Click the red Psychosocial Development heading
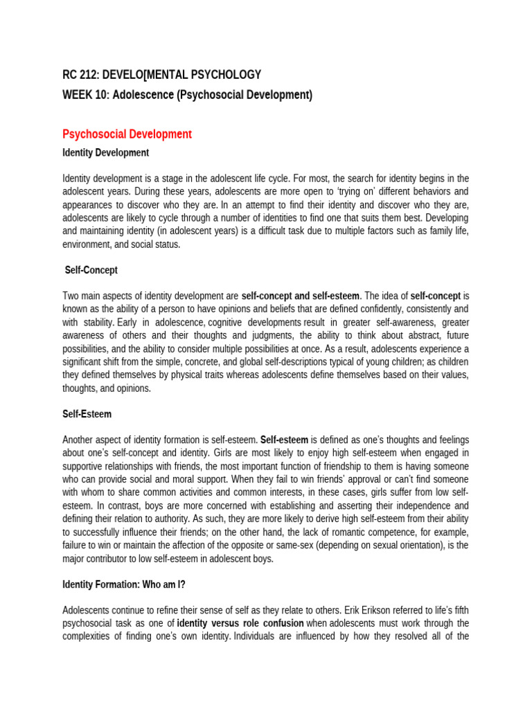[x=127, y=134]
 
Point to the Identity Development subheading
[x=105, y=152]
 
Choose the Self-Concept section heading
[x=91, y=270]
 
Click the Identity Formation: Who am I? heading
[x=124, y=565]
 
